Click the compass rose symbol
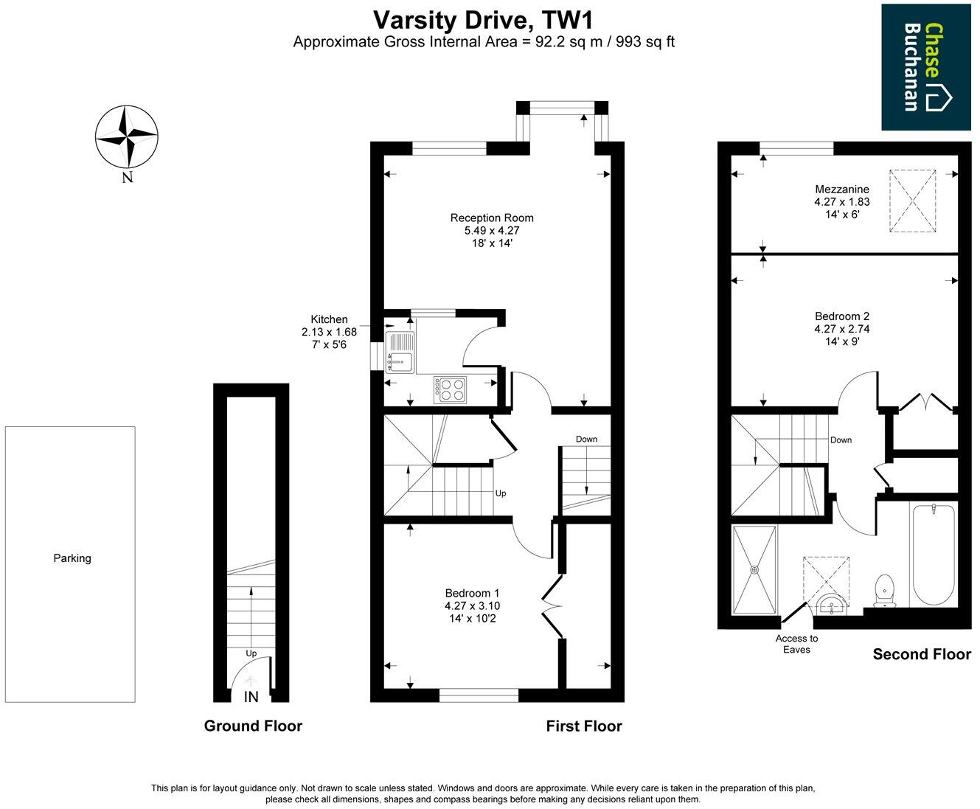pyautogui.click(x=127, y=136)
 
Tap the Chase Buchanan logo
pyautogui.click(x=925, y=67)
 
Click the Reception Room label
pyautogui.click(x=492, y=218)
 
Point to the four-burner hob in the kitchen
pyautogui.click(x=450, y=389)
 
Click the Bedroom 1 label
pyautogui.click(x=472, y=593)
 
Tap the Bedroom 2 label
pyautogui.click(x=836, y=316)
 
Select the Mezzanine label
pyautogui.click(x=842, y=189)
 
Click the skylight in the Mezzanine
pyautogui.click(x=913, y=201)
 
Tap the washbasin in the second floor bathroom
pyautogui.click(x=834, y=606)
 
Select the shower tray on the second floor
pyautogui.click(x=754, y=569)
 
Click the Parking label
pyautogui.click(x=72, y=558)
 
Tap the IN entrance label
pyautogui.click(x=251, y=697)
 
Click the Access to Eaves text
pyautogui.click(x=796, y=644)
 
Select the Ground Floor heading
pyautogui.click(x=253, y=726)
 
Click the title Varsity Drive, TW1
pyautogui.click(x=483, y=18)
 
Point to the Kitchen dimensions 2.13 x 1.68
pyautogui.click(x=329, y=332)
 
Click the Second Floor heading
pyautogui.click(x=922, y=654)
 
